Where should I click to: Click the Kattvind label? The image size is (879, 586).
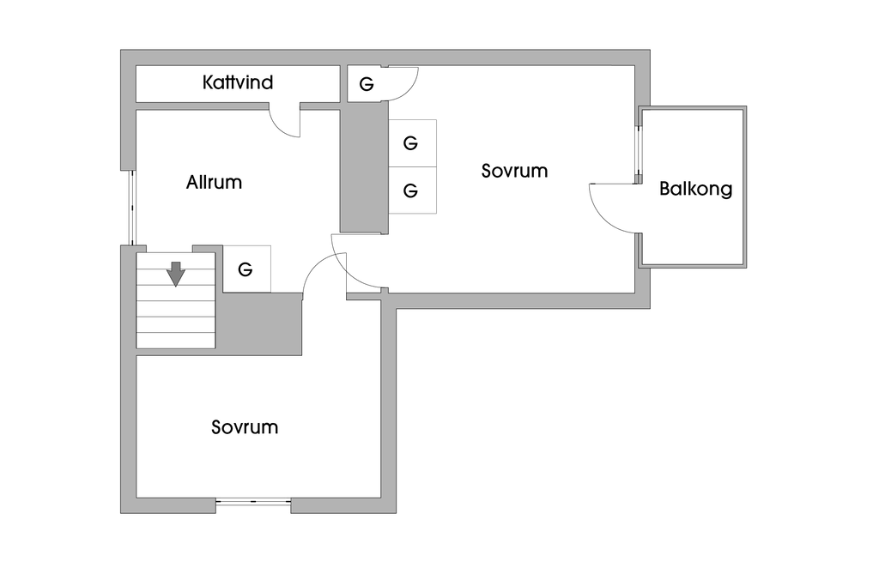238,83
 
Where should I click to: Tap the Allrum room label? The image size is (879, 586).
214,183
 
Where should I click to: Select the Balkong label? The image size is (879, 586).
695,189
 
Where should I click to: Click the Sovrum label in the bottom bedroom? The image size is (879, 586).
245,427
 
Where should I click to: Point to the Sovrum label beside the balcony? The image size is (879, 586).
514,171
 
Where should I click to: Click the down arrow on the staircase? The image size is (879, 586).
176,274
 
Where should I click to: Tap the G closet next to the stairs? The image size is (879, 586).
246,269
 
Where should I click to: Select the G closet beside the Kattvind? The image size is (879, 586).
367,84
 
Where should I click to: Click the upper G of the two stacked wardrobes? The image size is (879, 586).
411,143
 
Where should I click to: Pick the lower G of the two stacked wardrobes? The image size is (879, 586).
411,190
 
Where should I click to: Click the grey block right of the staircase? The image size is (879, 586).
258,323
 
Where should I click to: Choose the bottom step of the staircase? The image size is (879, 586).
175,340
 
